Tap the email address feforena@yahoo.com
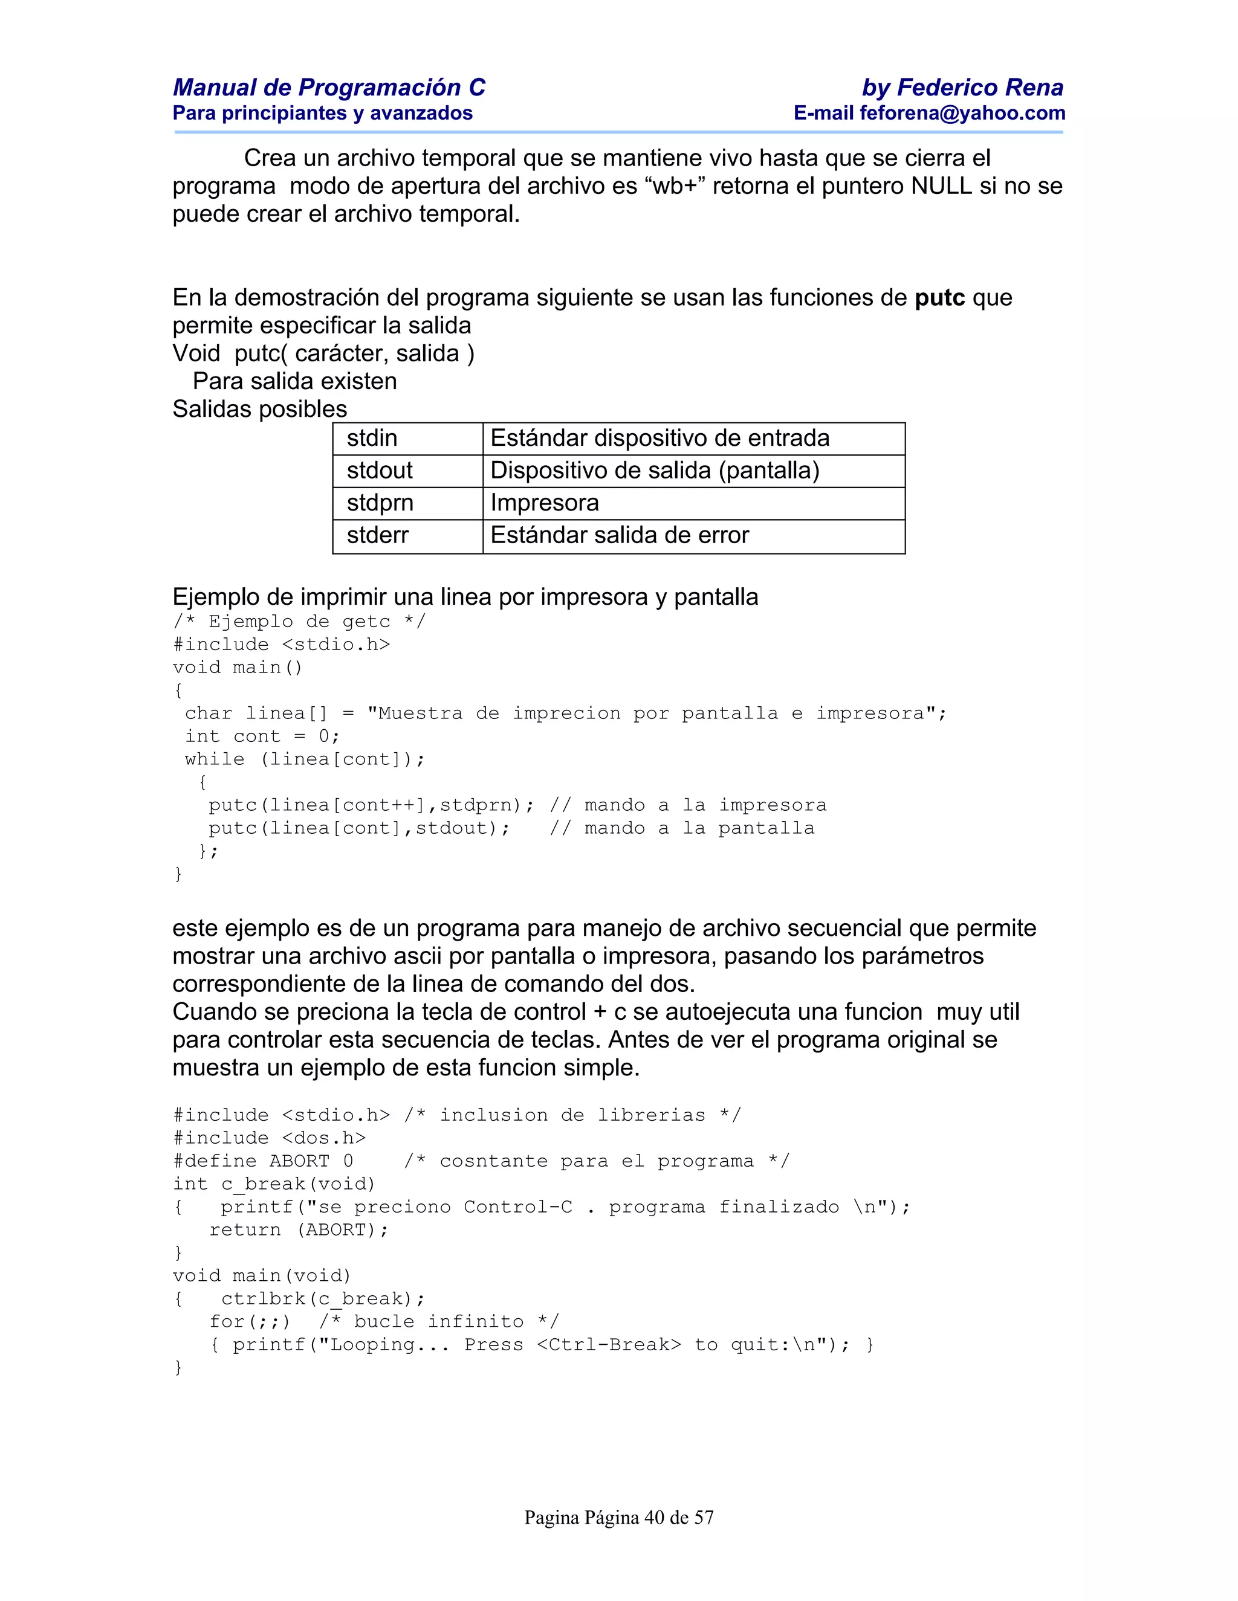[x=962, y=113]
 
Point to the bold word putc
[x=939, y=298]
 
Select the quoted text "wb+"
[x=675, y=186]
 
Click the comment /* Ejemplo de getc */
[x=299, y=622]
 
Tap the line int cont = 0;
[x=262, y=736]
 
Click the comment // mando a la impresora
[x=688, y=805]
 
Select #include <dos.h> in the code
[x=269, y=1138]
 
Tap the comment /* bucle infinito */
[x=439, y=1322]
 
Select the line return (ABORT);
[x=299, y=1230]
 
